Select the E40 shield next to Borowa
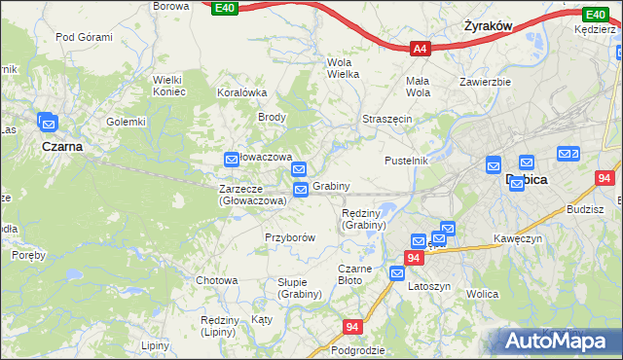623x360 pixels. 225,8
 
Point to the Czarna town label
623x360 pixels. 61,146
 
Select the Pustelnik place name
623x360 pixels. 406,160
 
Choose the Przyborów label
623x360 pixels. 290,237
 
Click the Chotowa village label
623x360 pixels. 217,280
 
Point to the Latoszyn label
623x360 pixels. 429,287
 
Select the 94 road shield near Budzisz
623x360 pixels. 605,179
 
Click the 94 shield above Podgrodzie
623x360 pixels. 352,328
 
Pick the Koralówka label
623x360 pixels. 242,92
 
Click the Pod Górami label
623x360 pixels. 85,37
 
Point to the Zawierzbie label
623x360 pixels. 486,82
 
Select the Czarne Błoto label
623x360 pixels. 356,274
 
